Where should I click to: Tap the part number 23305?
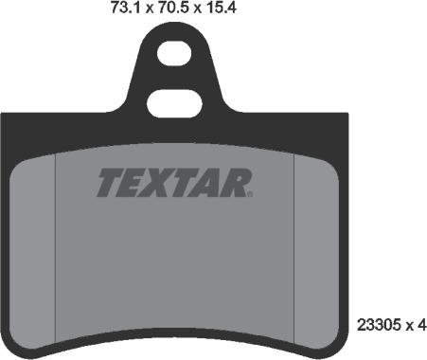[379, 322]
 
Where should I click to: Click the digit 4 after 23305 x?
[422, 322]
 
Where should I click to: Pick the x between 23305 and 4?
[408, 323]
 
